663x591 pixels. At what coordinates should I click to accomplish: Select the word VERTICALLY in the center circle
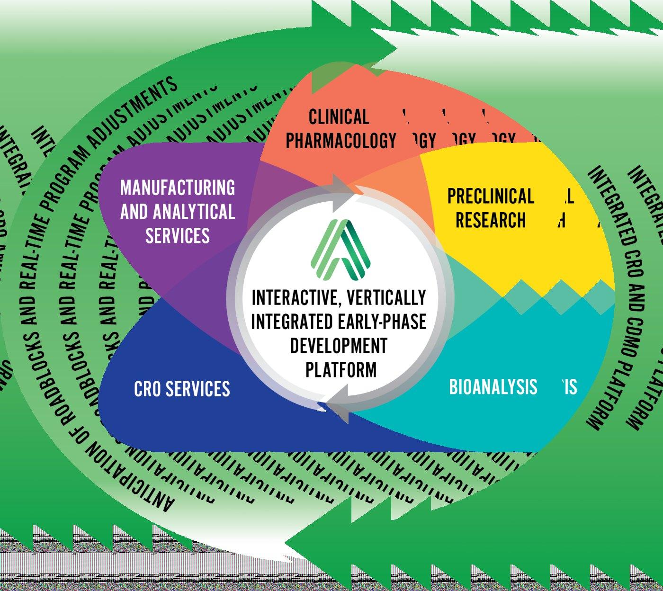tap(386, 298)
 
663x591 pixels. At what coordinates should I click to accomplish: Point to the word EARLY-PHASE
tap(382, 322)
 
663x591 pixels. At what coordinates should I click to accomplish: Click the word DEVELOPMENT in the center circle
tap(339, 345)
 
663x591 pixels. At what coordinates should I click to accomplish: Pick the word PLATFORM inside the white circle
tap(341, 369)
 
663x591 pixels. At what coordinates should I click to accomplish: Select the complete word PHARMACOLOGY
tap(340, 141)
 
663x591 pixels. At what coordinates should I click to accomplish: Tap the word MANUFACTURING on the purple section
tap(178, 188)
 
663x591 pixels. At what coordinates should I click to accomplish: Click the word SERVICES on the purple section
tap(178, 235)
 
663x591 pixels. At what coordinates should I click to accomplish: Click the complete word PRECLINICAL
tap(491, 196)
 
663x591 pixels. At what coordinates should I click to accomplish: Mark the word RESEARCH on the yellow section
tap(491, 220)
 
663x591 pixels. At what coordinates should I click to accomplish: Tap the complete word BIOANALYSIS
tap(493, 387)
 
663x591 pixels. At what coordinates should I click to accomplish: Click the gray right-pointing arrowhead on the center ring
tap(343, 192)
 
